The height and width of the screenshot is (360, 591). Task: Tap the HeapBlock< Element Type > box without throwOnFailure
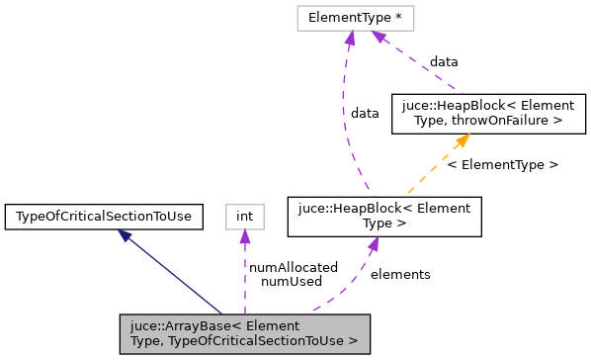pyautogui.click(x=384, y=217)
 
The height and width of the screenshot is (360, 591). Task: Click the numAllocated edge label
pyautogui.click(x=294, y=267)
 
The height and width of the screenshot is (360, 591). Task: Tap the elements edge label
pyautogui.click(x=399, y=274)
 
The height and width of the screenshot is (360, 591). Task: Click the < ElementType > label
pyautogui.click(x=502, y=164)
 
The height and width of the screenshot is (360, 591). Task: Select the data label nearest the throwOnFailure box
pyautogui.click(x=443, y=61)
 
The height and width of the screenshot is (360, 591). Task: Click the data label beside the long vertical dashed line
pyautogui.click(x=365, y=113)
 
